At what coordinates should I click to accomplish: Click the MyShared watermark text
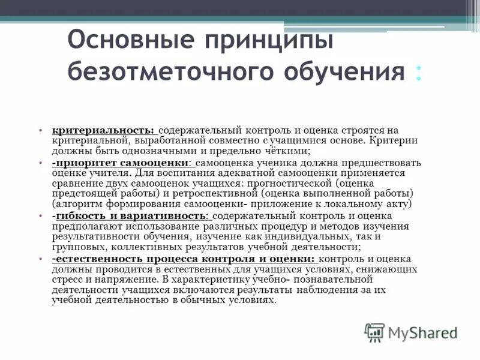point(422,332)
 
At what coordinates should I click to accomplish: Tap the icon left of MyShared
point(374,332)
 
